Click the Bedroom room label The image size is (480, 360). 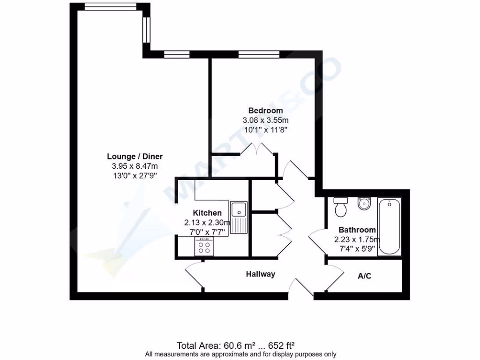tap(265, 111)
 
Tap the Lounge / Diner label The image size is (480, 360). tap(135, 157)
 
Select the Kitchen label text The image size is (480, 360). tap(207, 213)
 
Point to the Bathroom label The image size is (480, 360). tap(357, 230)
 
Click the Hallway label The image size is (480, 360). tap(261, 274)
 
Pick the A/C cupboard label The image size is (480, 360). tap(364, 276)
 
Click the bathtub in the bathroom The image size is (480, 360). tap(390, 226)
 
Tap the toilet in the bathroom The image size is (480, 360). tap(341, 207)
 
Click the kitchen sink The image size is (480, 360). tap(239, 217)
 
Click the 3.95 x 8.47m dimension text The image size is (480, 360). tap(135, 166)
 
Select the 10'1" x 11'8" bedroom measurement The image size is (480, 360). tap(265, 129)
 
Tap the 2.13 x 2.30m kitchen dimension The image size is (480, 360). tap(208, 223)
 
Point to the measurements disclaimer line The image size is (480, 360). tap(240, 354)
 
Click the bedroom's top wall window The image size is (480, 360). tap(259, 54)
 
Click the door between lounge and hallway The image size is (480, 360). tap(194, 277)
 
